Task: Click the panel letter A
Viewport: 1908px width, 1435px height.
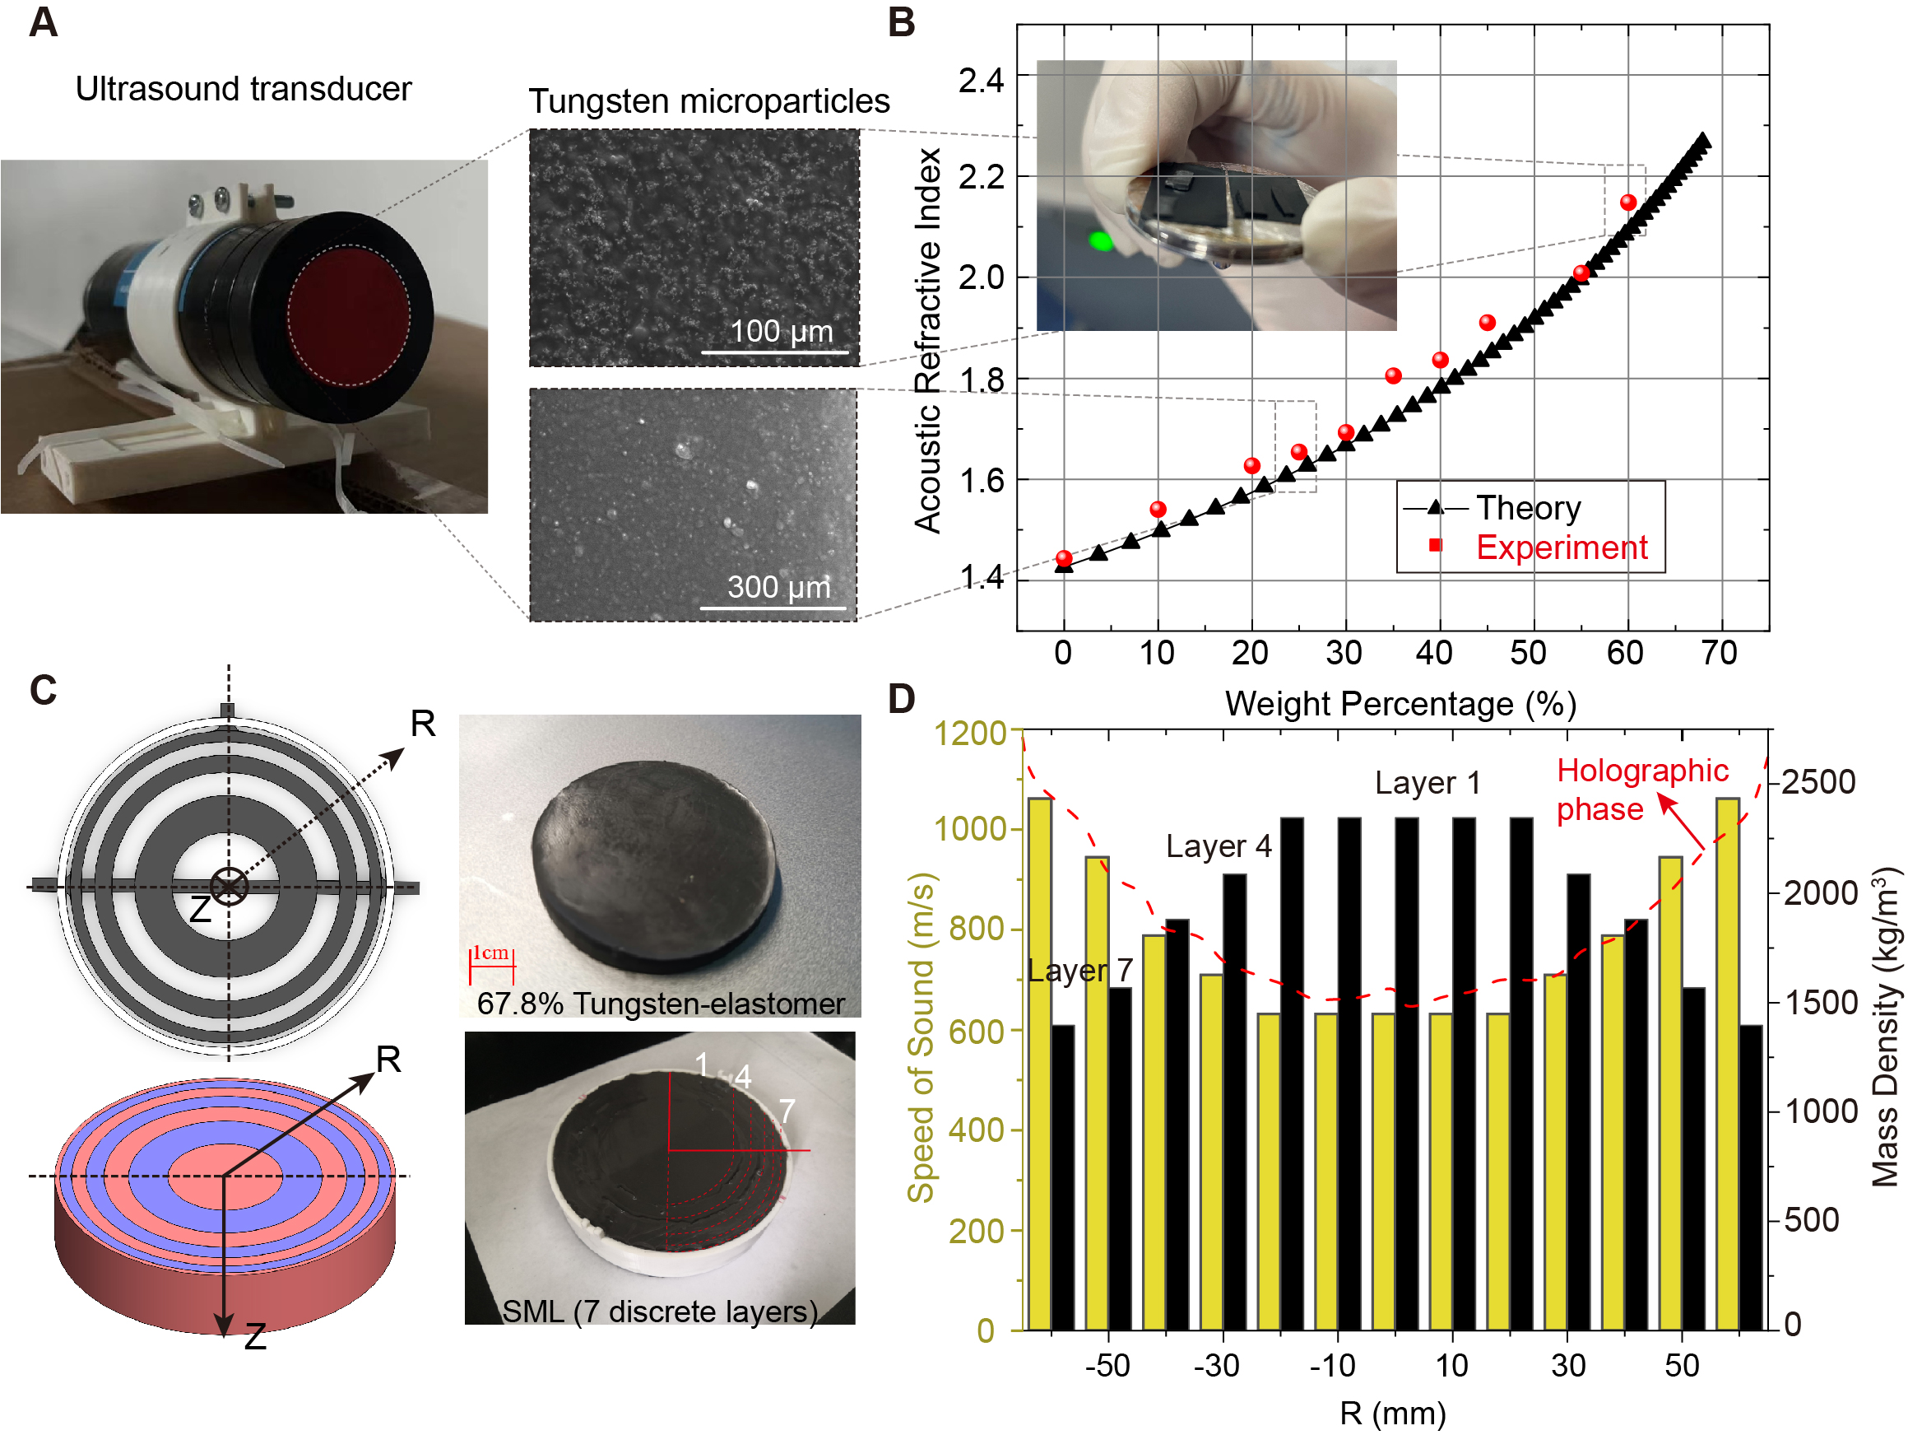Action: (43, 22)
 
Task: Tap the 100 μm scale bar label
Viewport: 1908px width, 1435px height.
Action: (781, 331)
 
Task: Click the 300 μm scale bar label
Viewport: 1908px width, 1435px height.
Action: (778, 588)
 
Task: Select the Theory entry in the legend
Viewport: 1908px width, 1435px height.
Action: (1528, 508)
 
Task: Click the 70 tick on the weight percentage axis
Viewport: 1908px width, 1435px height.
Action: (1718, 654)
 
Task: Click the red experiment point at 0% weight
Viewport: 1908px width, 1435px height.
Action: (1064, 558)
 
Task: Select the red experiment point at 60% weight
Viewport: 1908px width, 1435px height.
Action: (1627, 203)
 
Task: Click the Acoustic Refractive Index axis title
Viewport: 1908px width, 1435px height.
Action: (927, 341)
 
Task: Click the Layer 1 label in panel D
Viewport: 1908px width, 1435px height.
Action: (1427, 784)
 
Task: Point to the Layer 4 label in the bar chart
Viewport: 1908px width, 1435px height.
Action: (1218, 846)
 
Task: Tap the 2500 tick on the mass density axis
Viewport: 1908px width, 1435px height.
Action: (1818, 783)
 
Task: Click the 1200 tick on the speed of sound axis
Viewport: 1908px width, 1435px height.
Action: (970, 734)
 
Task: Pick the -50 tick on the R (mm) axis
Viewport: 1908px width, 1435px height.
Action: (1107, 1366)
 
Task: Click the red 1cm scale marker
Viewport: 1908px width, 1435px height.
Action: (491, 962)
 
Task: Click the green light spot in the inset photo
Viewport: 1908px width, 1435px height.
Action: (1101, 240)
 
